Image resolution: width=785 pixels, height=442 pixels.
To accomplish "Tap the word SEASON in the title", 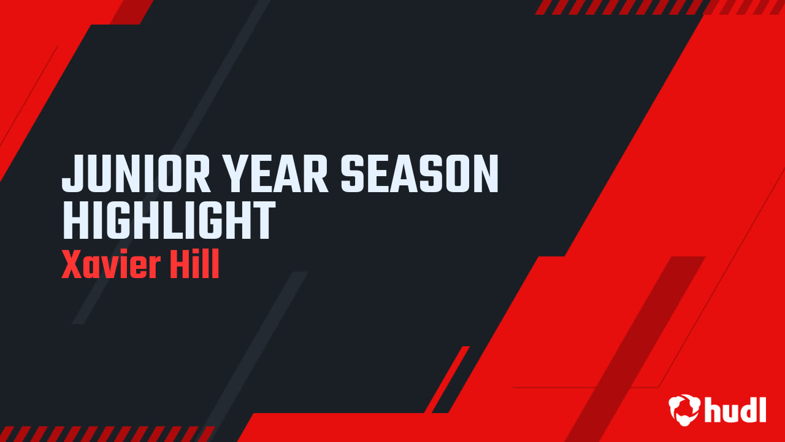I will (x=420, y=174).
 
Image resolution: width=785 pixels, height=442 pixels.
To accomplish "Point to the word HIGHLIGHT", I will (x=169, y=221).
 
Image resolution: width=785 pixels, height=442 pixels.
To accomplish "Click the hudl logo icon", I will (x=684, y=409).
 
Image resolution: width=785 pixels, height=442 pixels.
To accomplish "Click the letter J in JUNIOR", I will (x=72, y=174).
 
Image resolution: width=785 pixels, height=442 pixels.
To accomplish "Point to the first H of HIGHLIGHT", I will (x=75, y=221).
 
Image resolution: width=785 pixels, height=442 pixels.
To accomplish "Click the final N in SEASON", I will (x=485, y=174).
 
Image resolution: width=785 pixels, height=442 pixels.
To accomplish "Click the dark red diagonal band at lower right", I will (x=638, y=344).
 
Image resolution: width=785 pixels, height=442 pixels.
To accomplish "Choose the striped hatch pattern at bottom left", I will (x=104, y=433).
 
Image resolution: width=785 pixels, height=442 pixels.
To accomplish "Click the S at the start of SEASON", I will (x=354, y=174).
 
